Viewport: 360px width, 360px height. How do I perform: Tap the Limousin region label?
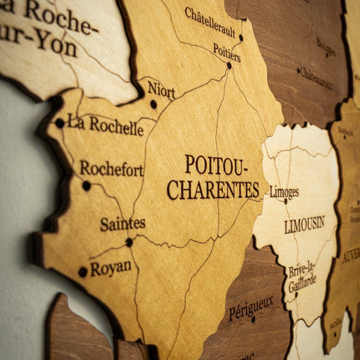(304, 224)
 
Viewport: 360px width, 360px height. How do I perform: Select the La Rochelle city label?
(105, 126)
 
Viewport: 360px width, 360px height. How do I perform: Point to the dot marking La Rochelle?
(59, 123)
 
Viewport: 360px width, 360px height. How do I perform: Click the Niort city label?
(162, 89)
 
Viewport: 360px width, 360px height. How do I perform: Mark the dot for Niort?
(153, 105)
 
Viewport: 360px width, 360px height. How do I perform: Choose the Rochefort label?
(111, 168)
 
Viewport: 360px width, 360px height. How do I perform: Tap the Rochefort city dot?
(86, 186)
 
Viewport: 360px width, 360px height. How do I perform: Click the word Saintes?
(122, 224)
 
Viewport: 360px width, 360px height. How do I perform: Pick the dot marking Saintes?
(129, 242)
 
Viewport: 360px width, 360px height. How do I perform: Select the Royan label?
(111, 268)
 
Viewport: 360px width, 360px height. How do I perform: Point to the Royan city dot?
(82, 271)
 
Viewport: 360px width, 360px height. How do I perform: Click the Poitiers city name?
(226, 52)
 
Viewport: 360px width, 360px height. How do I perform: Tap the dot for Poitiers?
(229, 65)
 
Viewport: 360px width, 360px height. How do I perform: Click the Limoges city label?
(284, 192)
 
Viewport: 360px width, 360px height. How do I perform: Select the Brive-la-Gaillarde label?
(302, 277)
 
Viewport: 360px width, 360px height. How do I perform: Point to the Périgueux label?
(250, 308)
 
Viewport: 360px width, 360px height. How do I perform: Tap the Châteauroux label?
(316, 78)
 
